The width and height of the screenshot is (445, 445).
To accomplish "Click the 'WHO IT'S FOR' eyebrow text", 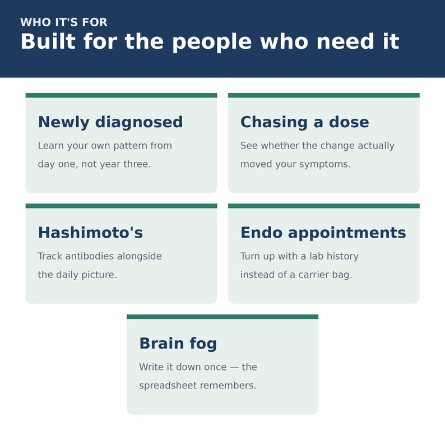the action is (x=64, y=22).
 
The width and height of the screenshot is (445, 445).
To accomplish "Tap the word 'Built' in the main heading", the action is (x=48, y=41).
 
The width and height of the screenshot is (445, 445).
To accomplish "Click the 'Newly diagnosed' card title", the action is (x=110, y=122).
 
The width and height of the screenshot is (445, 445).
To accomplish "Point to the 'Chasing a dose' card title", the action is (x=305, y=122).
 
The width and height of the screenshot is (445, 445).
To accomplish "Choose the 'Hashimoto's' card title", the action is (x=91, y=233).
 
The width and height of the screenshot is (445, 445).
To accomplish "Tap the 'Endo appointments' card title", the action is (x=323, y=233).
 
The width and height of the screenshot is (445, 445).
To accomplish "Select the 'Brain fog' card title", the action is (x=178, y=344).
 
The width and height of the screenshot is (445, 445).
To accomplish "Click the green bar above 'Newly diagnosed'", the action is (x=122, y=95).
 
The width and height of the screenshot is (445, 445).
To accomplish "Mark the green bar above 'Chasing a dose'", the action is (x=324, y=95).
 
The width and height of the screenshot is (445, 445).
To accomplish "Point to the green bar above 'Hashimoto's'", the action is (x=122, y=206).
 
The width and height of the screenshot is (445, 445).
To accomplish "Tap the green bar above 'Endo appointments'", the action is (x=324, y=206).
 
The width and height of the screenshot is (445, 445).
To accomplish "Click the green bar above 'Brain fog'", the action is (x=222, y=317).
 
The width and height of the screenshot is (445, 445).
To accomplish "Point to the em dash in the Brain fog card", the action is (x=234, y=368).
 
